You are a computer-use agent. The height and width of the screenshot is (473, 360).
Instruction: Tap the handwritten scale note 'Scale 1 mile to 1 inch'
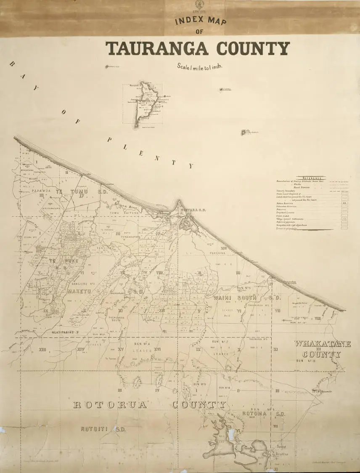click(199, 66)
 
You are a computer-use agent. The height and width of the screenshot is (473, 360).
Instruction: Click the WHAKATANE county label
click(322, 344)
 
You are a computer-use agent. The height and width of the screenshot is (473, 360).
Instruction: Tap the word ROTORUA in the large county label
click(110, 405)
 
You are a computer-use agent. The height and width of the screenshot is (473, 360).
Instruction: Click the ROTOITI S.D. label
click(103, 429)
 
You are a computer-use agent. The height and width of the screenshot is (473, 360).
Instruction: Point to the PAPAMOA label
click(41, 191)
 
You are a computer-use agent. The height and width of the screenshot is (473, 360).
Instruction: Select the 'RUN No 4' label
click(142, 344)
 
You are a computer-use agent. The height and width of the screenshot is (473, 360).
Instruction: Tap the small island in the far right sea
click(244, 132)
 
